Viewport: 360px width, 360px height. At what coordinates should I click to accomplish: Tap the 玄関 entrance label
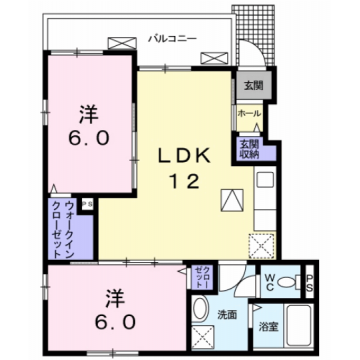[x=249, y=85]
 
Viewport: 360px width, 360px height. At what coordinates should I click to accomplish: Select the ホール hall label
[x=249, y=114]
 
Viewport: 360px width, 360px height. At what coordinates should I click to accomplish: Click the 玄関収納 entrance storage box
[x=249, y=147]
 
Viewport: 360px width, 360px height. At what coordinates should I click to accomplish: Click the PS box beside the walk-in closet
[x=88, y=204]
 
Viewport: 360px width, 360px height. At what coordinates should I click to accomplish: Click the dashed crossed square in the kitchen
[x=263, y=243]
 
